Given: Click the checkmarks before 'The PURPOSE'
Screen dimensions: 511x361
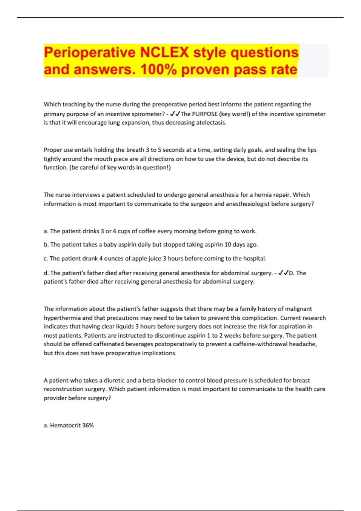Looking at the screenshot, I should (x=175, y=114).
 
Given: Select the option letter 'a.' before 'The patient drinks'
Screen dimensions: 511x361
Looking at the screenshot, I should (x=46, y=231).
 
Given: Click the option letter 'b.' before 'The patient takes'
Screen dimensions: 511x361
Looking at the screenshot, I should (x=46, y=245).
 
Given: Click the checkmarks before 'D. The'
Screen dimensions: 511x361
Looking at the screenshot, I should (x=283, y=273).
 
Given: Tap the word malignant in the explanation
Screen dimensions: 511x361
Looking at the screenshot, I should (x=298, y=309).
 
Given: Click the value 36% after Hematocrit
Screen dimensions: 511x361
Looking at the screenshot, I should (x=88, y=425).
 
